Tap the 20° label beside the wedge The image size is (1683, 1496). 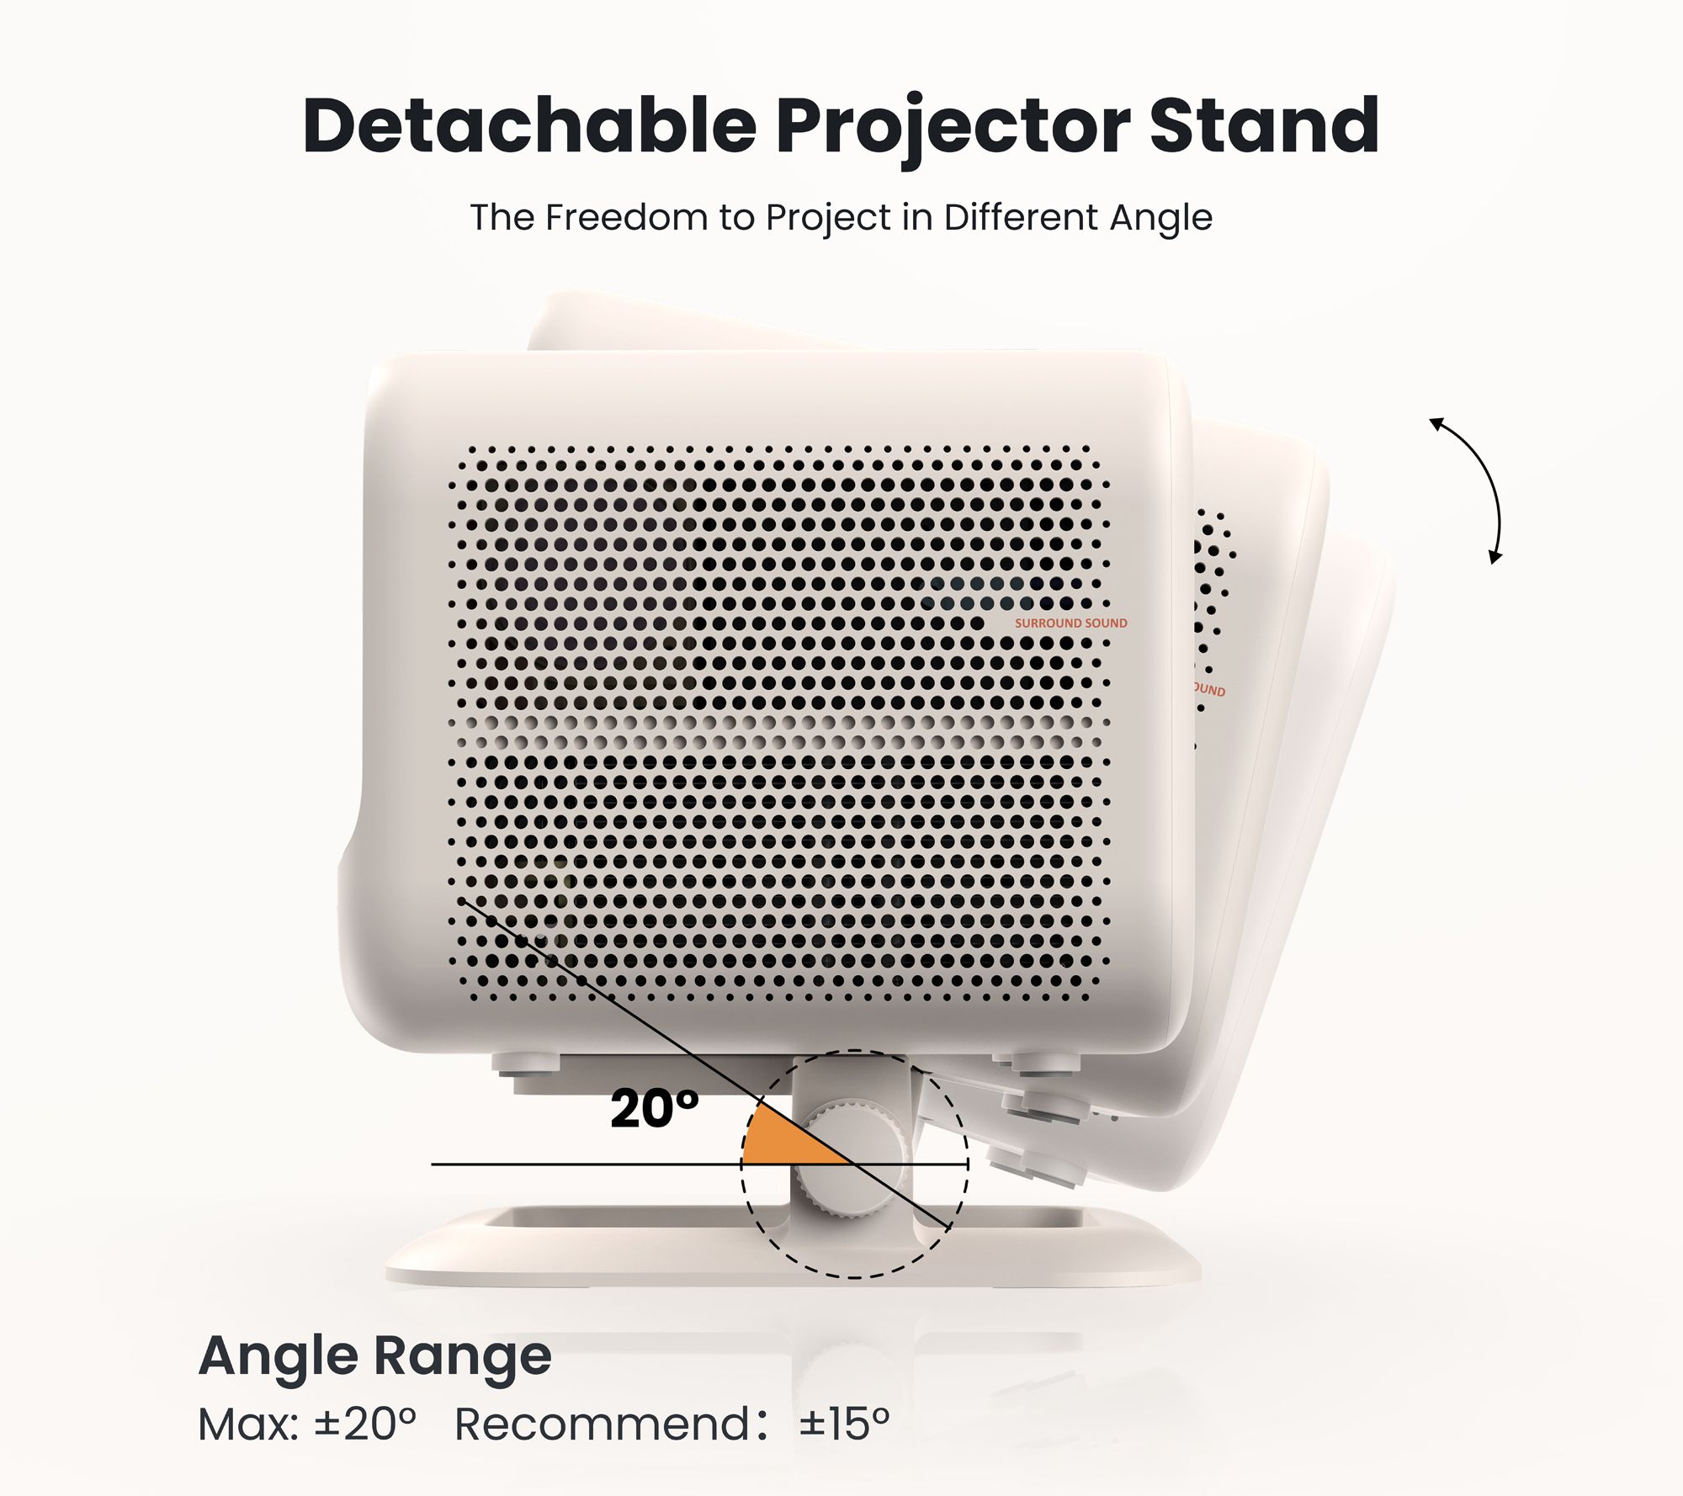654,1108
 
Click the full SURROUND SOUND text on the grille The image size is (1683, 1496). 1070,623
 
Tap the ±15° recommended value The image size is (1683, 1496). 844,1424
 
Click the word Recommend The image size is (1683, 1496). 603,1424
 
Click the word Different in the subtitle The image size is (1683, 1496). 1021,217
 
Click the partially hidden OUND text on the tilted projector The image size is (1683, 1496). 1208,690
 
